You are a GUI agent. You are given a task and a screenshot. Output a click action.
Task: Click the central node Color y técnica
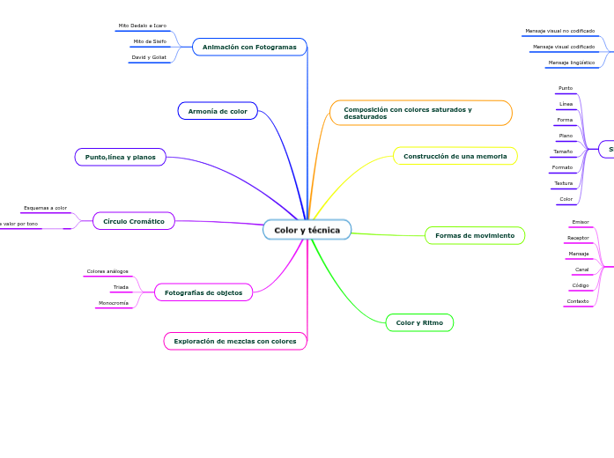click(x=307, y=230)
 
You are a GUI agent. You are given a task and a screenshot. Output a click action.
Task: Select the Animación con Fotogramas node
click(x=249, y=47)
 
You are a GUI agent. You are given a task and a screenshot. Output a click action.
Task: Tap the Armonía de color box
click(x=218, y=111)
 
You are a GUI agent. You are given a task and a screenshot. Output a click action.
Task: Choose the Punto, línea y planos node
click(x=120, y=157)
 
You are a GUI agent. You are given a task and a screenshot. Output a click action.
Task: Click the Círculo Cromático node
click(x=134, y=221)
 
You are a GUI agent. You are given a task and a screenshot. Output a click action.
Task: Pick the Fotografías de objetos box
click(x=203, y=292)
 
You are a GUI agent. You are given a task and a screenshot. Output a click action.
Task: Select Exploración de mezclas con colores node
click(x=235, y=341)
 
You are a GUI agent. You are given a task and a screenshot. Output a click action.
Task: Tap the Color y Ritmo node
click(x=419, y=323)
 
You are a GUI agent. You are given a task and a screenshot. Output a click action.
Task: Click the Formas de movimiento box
click(x=475, y=235)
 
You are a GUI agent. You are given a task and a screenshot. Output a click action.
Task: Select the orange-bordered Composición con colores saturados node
click(x=420, y=113)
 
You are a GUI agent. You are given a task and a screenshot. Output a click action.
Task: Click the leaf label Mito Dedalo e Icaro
click(x=143, y=26)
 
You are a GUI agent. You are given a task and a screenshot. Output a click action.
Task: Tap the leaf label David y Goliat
click(x=149, y=57)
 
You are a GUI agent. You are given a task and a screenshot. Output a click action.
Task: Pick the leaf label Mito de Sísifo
click(x=150, y=41)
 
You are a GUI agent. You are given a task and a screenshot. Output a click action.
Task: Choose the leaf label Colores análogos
click(x=107, y=271)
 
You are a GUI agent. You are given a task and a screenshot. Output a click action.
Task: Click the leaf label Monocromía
click(x=114, y=303)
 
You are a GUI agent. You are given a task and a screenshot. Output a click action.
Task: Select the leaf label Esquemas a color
click(x=45, y=208)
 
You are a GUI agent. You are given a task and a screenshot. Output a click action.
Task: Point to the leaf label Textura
click(x=564, y=183)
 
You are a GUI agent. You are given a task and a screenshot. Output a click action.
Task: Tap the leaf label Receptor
click(x=579, y=238)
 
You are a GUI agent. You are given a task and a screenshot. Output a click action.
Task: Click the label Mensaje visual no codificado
click(x=559, y=31)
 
